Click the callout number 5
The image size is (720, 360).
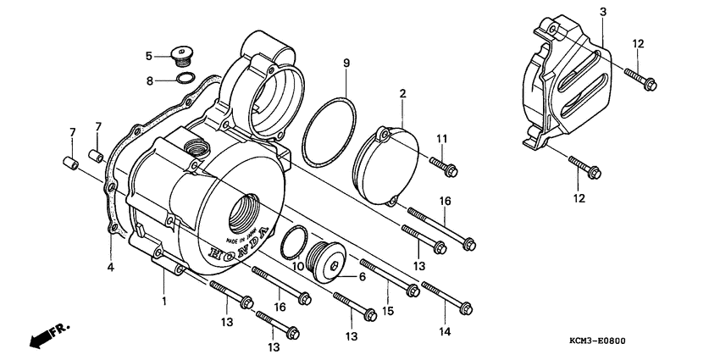(x=148, y=56)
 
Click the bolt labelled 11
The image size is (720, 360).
(x=445, y=165)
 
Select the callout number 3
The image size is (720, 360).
(x=602, y=12)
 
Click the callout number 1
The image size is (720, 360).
(x=164, y=301)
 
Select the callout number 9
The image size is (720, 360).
(x=346, y=64)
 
